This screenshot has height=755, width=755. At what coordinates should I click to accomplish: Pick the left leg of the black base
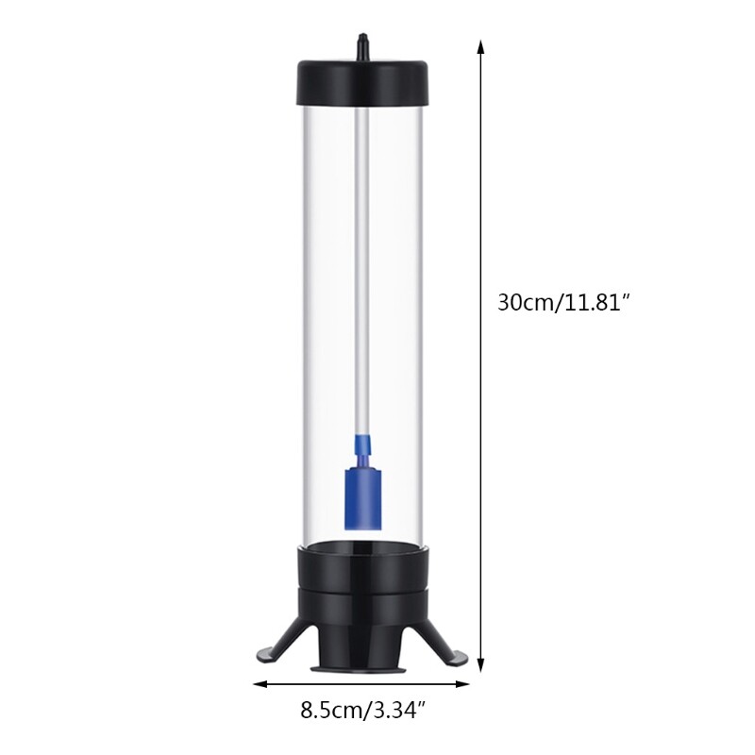pos(274,643)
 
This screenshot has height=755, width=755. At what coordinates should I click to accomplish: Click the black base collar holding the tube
pos(361,576)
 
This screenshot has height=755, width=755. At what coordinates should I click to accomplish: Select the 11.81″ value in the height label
pos(597,303)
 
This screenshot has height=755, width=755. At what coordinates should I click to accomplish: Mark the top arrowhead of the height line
pos(481,47)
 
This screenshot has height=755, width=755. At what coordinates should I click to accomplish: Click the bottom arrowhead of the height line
pos(481,664)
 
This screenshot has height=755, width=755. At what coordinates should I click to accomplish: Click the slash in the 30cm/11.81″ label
pos(559,303)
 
